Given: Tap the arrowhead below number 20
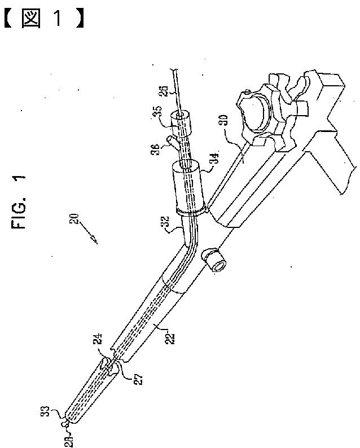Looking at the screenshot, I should click(96, 241).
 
